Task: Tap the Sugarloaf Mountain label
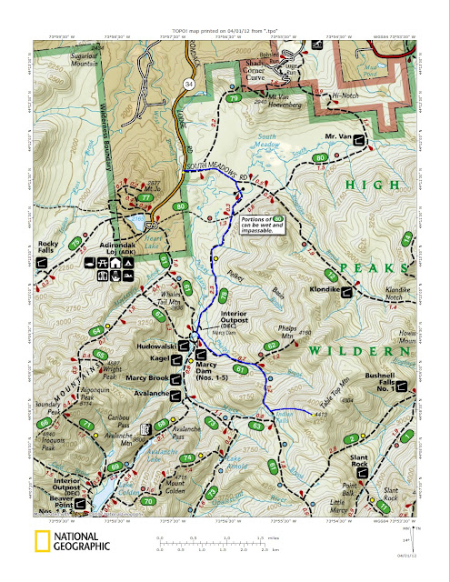pyautogui.click(x=75, y=58)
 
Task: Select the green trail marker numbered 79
pyautogui.click(x=234, y=98)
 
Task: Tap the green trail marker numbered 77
pyautogui.click(x=144, y=198)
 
